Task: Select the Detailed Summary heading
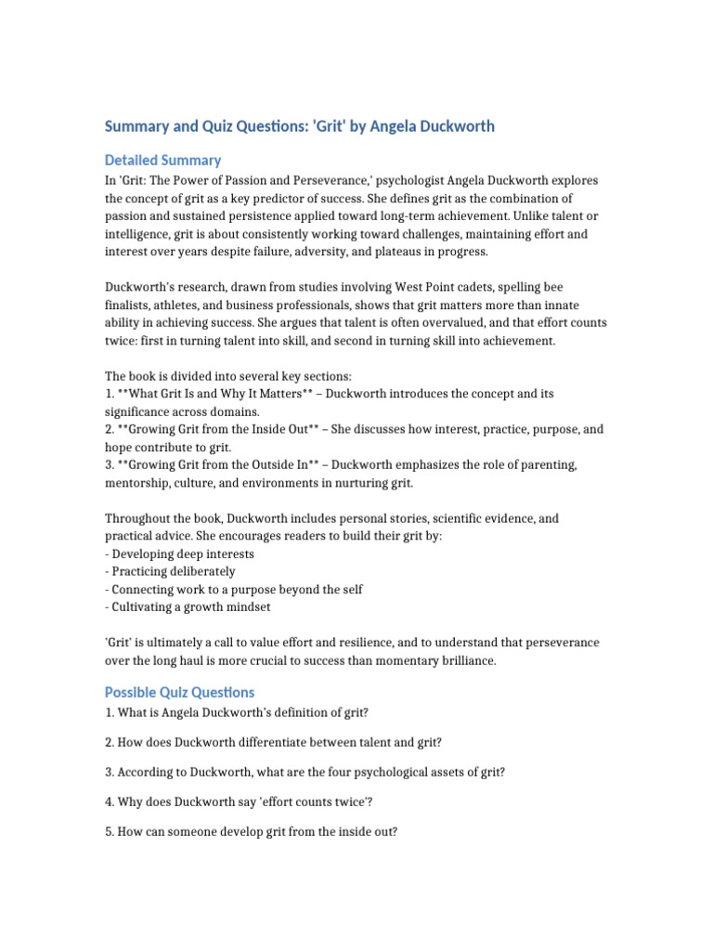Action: pyautogui.click(x=162, y=160)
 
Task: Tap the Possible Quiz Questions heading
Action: pyautogui.click(x=179, y=692)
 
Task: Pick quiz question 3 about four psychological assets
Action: pyautogui.click(x=305, y=772)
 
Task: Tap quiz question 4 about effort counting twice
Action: pyautogui.click(x=239, y=801)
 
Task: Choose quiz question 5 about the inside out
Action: pyautogui.click(x=251, y=831)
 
